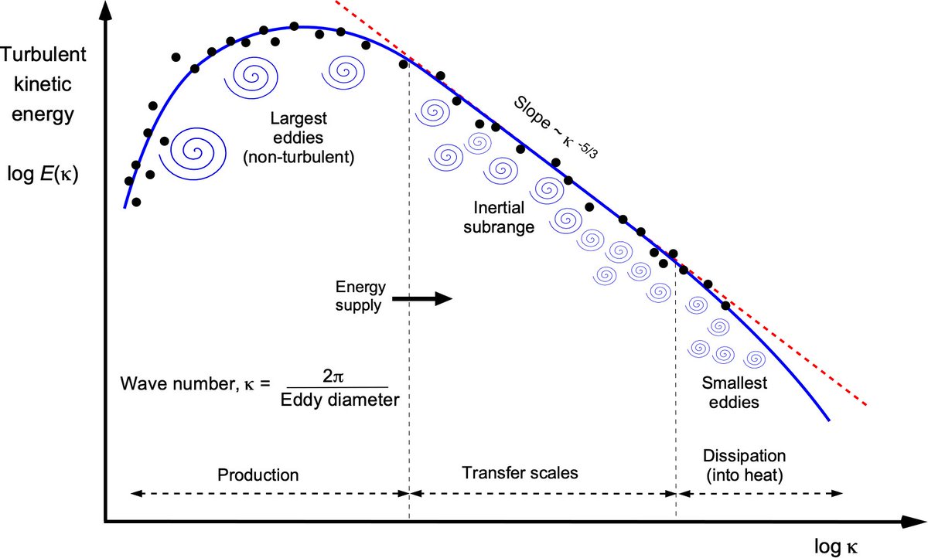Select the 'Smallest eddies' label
click(x=730, y=392)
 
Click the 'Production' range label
click(x=258, y=474)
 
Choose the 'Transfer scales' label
click(x=520, y=472)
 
